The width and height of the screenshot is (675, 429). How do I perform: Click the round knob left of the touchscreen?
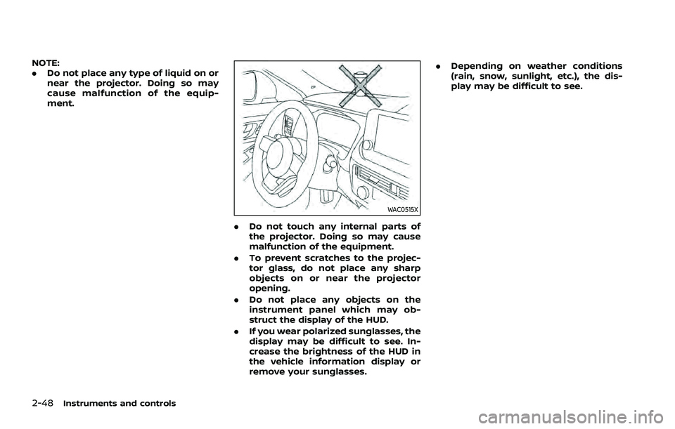(x=366, y=145)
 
